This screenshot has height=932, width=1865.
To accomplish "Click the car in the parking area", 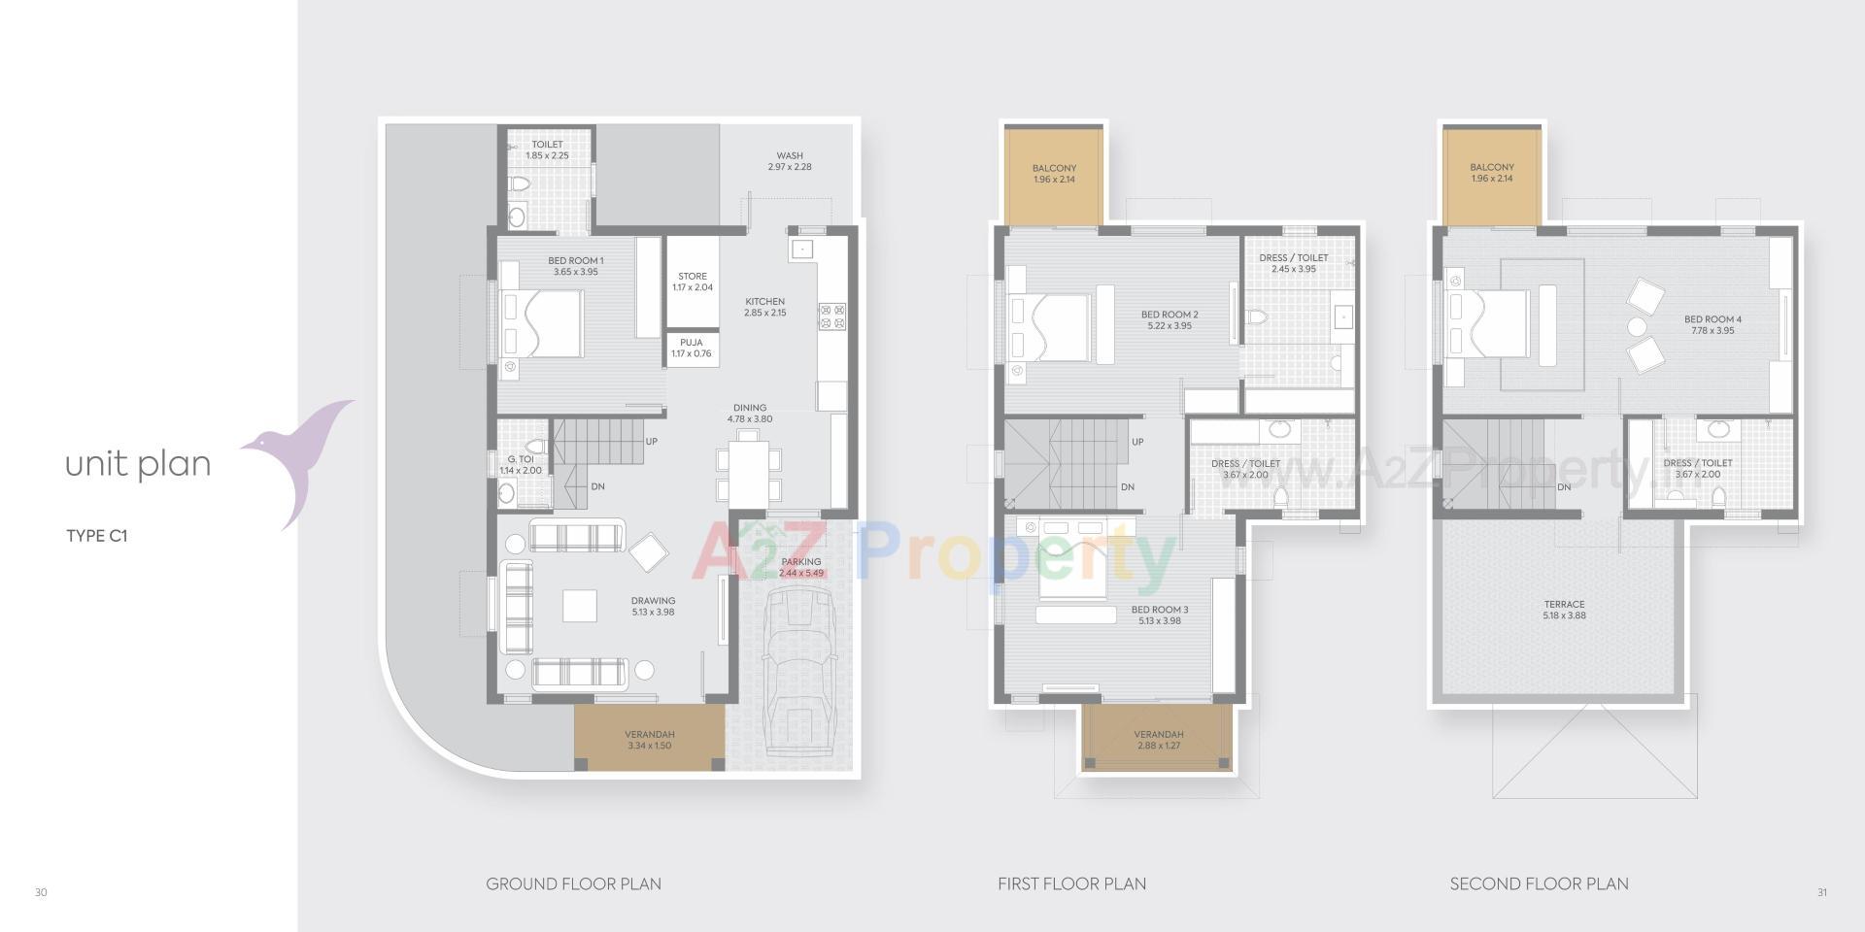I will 800,670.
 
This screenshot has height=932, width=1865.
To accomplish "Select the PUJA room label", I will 692,348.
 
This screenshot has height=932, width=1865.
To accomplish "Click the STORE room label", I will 693,282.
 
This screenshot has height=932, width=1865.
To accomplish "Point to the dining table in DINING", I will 748,472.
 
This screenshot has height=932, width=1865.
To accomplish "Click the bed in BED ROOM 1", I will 543,324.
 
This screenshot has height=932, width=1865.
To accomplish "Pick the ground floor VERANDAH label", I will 649,740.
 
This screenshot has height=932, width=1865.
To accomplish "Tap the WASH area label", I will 790,161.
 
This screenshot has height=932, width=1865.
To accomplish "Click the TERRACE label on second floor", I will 1564,610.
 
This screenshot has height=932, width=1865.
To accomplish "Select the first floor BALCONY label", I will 1054,174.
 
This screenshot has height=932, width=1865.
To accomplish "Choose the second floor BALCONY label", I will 1492,173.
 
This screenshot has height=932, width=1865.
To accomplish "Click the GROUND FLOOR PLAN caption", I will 573,884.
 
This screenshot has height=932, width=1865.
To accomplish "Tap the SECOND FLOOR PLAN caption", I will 1539,884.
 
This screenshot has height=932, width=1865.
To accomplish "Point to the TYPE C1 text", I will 97,536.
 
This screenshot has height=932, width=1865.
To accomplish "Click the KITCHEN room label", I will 765,307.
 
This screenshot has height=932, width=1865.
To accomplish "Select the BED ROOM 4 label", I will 1712,324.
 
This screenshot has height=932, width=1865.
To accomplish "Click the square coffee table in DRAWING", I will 580,606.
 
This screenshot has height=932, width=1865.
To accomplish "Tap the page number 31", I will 1822,893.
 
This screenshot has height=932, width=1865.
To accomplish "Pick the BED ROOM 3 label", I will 1160,615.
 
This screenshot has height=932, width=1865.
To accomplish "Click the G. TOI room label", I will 521,465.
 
